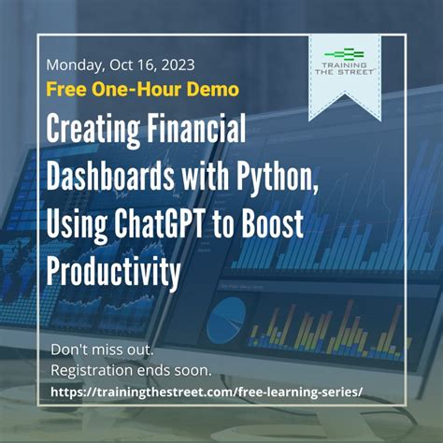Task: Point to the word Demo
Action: pyautogui.click(x=214, y=90)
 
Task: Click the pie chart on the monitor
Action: pyautogui.click(x=227, y=317)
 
